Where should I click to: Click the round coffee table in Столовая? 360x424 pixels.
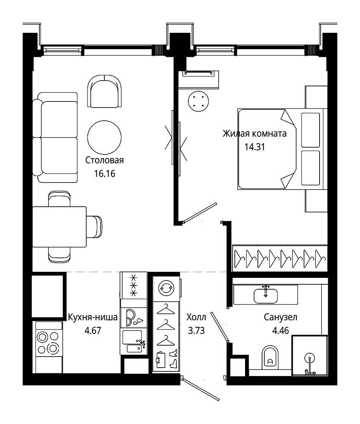104,137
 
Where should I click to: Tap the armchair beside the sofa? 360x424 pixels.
104,91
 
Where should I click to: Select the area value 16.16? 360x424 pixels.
104,174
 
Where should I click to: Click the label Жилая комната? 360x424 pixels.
254,134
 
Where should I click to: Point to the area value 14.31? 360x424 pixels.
254,147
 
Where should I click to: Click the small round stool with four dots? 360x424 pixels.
198,101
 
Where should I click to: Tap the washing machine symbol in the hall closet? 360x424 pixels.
166,288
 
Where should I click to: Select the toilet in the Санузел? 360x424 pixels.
270,357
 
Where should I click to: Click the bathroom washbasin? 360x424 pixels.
265,296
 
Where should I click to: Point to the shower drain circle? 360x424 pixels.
309,359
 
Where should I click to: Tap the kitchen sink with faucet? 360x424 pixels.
134,341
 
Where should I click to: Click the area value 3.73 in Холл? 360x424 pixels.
196,330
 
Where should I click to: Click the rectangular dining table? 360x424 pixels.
59,227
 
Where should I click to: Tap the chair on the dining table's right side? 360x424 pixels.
94,227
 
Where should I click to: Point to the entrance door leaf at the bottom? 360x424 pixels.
200,388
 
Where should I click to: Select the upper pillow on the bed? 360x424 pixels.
310,130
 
